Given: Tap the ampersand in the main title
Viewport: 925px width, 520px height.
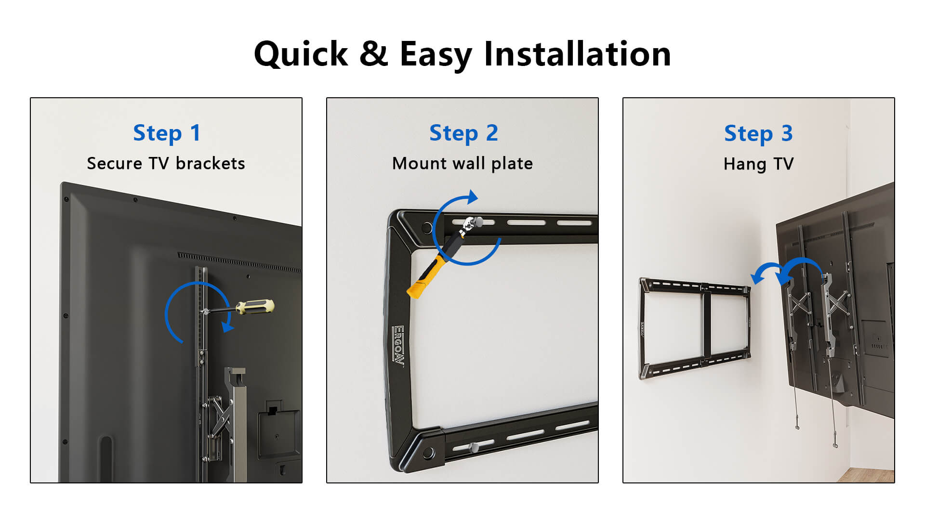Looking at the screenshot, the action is coord(373,53).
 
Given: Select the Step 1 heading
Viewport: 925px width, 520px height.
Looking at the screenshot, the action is coord(166,133).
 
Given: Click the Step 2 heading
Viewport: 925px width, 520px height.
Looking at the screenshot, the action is coord(463,133).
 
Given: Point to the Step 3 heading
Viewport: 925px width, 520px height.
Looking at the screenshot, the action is coord(758,134).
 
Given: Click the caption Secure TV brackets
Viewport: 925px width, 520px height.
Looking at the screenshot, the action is coord(166,163).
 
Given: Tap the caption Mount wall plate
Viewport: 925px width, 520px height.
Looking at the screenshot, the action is coord(462,164).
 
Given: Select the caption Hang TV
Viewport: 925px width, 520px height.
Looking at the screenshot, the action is coord(758,164).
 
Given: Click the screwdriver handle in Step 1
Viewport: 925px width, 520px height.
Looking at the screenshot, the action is coord(255,307).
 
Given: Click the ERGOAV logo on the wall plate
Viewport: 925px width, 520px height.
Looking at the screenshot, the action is coord(398,346).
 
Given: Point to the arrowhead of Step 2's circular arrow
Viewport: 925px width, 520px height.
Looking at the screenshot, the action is coord(473,196).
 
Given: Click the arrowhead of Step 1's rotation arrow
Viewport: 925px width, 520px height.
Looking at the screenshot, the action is coord(227,327).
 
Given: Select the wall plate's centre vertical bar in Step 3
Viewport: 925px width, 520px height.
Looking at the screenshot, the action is coord(707,325).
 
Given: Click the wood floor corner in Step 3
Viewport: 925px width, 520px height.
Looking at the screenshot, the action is coord(867,475).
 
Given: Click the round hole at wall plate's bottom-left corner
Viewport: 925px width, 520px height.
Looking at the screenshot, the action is coord(427,454).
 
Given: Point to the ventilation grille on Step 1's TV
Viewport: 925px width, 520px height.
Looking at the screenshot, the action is coord(239,262).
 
